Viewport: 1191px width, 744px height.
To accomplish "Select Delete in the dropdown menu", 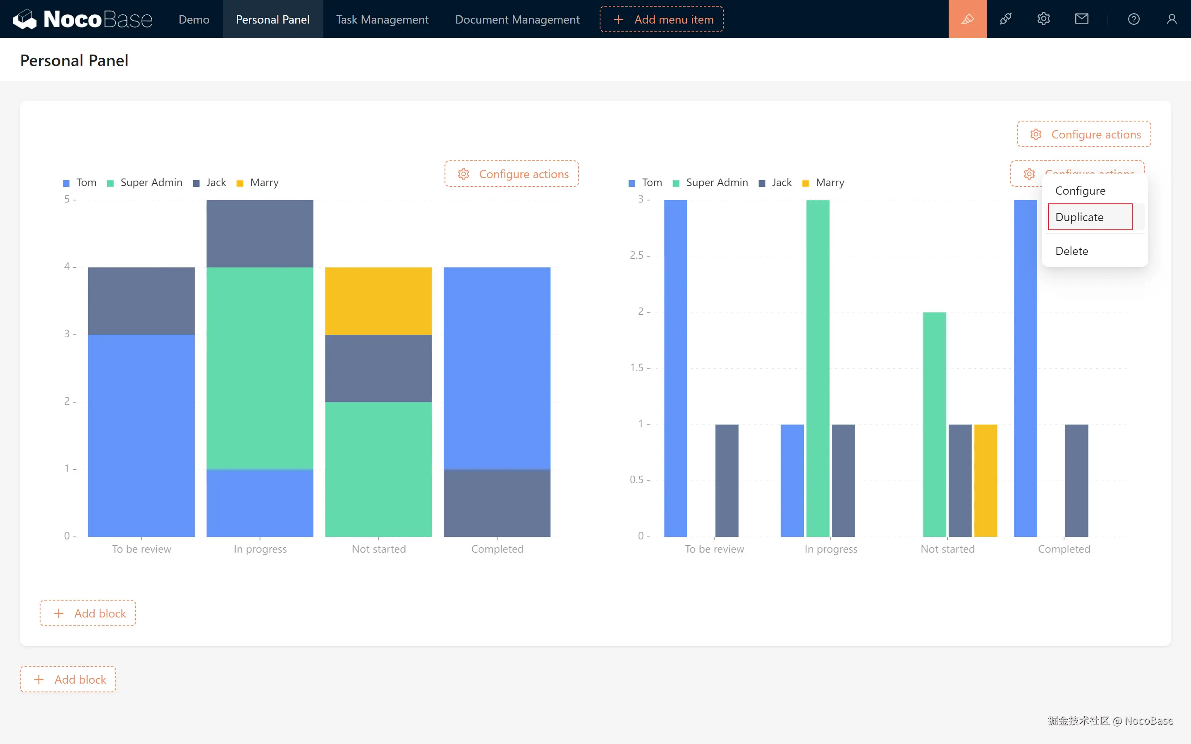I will [x=1071, y=251].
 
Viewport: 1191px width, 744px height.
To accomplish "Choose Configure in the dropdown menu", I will [x=1080, y=191].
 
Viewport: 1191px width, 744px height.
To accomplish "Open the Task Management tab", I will [x=382, y=19].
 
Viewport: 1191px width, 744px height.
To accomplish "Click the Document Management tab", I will [x=517, y=19].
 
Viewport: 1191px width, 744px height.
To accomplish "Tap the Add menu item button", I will [x=661, y=19].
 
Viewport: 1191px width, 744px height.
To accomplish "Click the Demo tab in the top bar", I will [x=194, y=19].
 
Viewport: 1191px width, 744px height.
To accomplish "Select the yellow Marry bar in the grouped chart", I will [x=985, y=480].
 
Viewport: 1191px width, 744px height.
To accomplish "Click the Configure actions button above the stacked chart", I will [x=512, y=174].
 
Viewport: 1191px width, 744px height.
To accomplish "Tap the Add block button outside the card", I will [x=68, y=679].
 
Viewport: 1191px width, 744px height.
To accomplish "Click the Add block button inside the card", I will [x=88, y=613].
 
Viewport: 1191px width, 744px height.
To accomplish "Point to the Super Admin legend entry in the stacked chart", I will [x=146, y=183].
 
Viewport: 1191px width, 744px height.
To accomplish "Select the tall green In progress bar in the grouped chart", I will [x=818, y=367].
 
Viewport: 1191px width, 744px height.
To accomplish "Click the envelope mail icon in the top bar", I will [x=1081, y=19].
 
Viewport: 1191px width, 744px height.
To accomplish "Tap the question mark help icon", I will [x=1134, y=19].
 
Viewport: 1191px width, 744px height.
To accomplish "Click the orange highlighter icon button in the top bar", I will [x=967, y=19].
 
